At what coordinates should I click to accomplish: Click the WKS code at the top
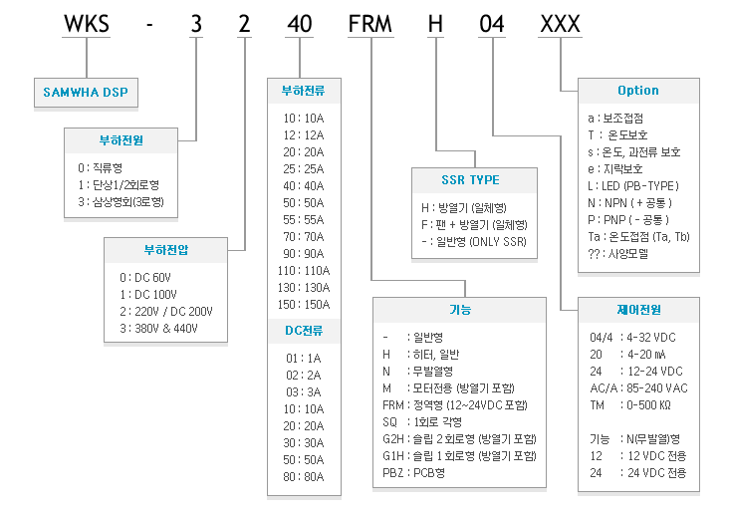click(87, 24)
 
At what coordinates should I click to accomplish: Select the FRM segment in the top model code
click(370, 24)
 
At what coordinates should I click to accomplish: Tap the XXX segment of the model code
click(561, 24)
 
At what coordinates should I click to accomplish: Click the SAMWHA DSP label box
click(86, 92)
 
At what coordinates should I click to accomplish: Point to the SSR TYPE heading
click(470, 180)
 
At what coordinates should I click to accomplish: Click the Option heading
click(638, 91)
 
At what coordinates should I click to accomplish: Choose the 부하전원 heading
click(121, 140)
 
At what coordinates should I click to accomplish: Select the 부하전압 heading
click(166, 250)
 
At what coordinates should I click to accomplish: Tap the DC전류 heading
click(304, 331)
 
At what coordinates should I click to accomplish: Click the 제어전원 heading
click(638, 309)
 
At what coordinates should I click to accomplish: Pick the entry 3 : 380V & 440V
click(158, 329)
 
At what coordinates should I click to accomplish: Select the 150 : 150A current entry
click(304, 304)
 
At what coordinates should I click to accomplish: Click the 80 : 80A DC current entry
click(304, 477)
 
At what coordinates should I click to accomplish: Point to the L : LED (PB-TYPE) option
click(633, 186)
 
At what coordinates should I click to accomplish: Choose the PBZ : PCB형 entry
click(413, 472)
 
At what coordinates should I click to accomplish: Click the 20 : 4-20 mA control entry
click(627, 355)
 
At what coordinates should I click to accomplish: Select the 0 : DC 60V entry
click(145, 278)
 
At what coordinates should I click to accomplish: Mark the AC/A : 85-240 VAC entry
click(638, 387)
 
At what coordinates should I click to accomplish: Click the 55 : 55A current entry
click(304, 219)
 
